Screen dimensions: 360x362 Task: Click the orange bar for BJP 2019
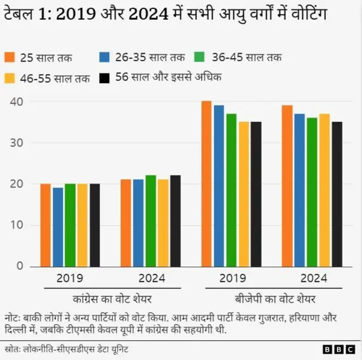pyautogui.click(x=206, y=184)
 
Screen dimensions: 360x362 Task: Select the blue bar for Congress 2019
pyautogui.click(x=57, y=226)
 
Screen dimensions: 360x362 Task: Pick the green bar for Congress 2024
pyautogui.click(x=150, y=221)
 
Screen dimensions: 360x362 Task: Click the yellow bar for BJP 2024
pyautogui.click(x=324, y=190)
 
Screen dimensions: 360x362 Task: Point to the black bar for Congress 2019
pyautogui.click(x=94, y=225)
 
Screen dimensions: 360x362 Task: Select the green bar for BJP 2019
pyautogui.click(x=231, y=190)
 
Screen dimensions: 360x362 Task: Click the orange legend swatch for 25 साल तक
pyautogui.click(x=10, y=58)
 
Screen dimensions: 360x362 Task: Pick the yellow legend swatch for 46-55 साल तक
pyautogui.click(x=10, y=78)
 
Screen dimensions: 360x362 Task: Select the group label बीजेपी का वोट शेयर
pyautogui.click(x=275, y=298)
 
